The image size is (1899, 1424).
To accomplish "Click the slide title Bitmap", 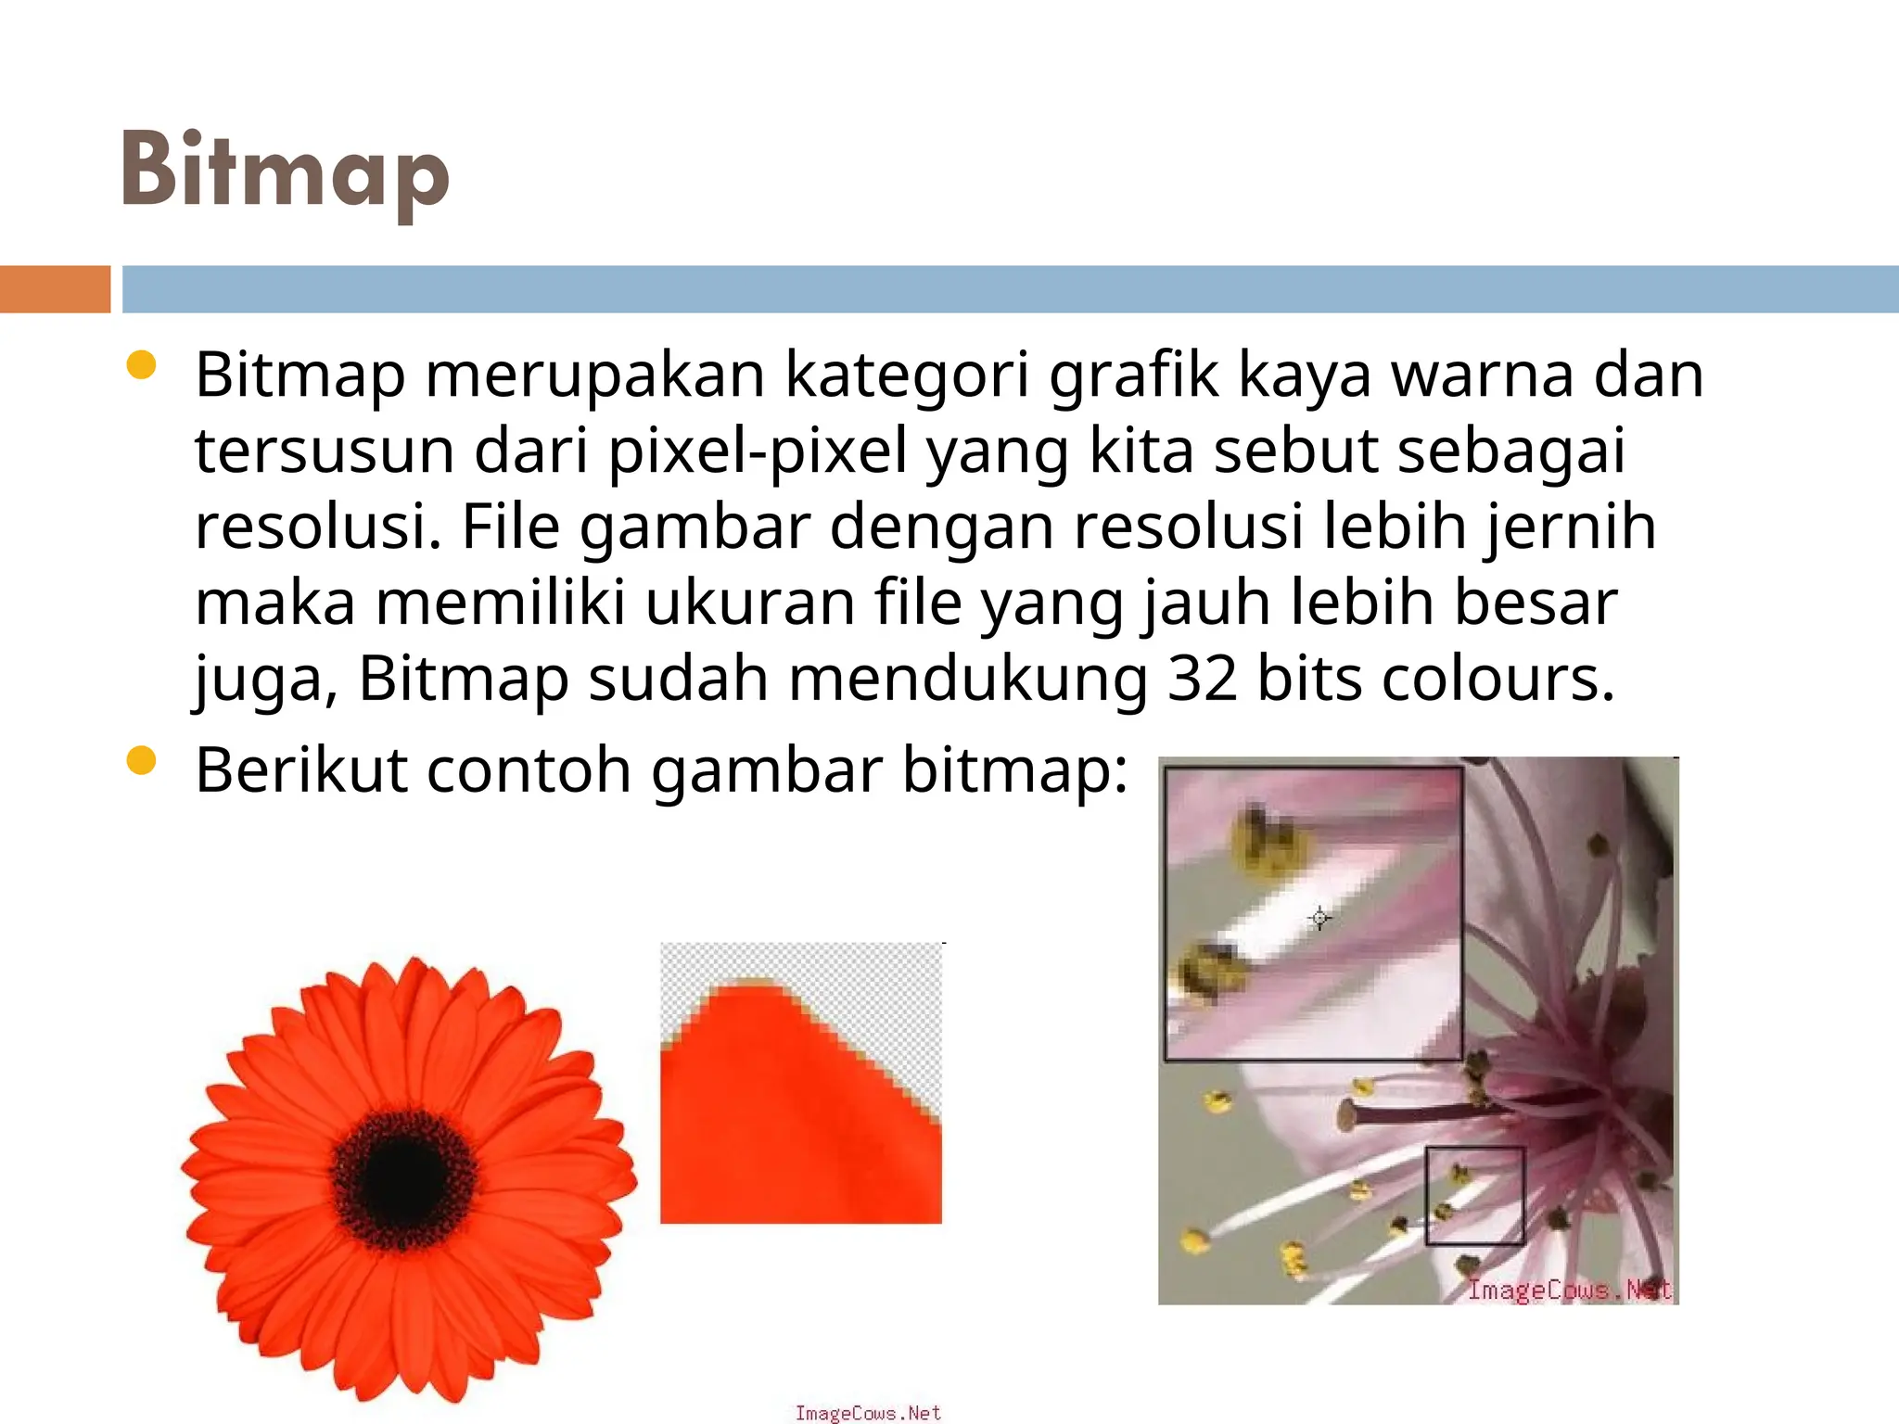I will (x=285, y=172).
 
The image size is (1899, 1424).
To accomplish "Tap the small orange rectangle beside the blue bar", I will (x=55, y=289).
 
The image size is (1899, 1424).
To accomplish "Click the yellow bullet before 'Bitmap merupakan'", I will (x=141, y=365).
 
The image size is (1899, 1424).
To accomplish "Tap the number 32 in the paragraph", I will (x=1202, y=679).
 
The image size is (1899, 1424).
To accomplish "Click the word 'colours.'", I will (x=1498, y=679).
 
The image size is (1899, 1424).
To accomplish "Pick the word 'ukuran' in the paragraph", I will (x=749, y=603).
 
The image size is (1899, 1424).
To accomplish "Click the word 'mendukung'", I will (x=968, y=679).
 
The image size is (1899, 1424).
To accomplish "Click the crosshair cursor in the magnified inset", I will (x=1319, y=918).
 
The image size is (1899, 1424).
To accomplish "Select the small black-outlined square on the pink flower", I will (x=1474, y=1196).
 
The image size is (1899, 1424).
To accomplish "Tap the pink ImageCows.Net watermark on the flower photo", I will (x=1569, y=1290).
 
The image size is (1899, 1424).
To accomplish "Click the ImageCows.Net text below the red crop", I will (x=868, y=1413).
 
